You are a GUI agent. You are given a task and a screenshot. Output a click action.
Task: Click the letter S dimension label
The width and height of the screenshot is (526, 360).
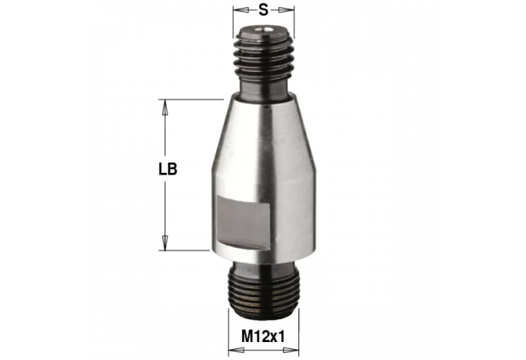[264, 10]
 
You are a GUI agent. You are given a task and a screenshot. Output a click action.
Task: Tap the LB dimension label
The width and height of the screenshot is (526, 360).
[167, 171]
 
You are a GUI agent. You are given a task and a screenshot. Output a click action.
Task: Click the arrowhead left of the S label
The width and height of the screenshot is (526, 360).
[239, 10]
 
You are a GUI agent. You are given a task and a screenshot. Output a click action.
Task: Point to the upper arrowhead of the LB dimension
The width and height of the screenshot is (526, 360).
[165, 106]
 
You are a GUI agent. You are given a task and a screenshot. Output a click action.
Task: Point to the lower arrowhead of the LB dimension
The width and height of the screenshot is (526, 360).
[165, 243]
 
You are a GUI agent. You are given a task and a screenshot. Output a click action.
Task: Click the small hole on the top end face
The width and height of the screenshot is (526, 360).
[264, 30]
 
